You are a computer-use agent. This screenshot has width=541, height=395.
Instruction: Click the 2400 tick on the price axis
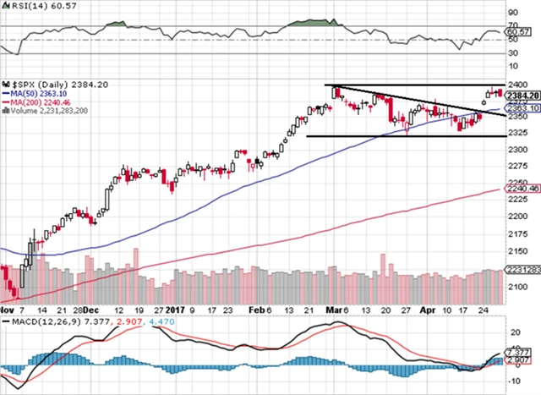point(517,85)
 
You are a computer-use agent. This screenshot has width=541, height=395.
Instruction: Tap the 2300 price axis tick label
point(517,150)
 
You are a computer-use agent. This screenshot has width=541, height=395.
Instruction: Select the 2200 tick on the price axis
point(517,217)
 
